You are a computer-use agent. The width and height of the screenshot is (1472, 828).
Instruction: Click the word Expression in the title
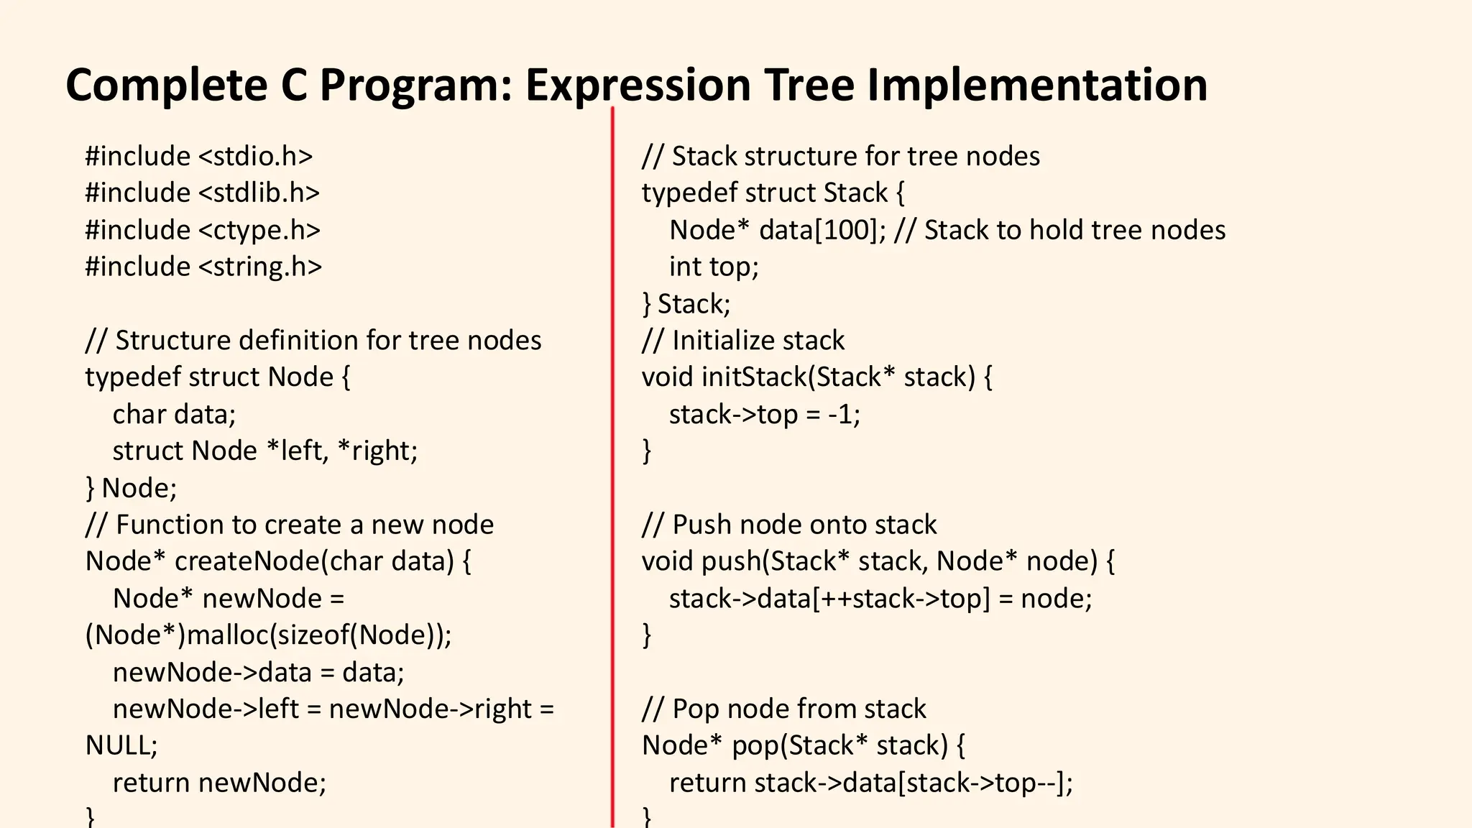[638, 85]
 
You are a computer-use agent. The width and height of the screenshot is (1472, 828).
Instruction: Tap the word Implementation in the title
[1036, 85]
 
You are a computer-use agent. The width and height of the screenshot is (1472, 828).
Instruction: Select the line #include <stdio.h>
[199, 157]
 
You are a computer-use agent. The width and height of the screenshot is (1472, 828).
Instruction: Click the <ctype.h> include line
[258, 230]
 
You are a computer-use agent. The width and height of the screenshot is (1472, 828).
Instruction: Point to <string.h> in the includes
[259, 267]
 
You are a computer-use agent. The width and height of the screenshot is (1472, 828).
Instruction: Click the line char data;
[174, 415]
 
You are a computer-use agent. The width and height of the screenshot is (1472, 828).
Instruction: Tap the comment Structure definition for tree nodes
[328, 341]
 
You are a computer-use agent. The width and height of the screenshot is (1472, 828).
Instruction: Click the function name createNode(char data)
[314, 561]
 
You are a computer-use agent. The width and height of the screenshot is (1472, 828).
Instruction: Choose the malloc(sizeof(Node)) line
[268, 635]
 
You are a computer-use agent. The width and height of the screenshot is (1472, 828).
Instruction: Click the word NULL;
[121, 745]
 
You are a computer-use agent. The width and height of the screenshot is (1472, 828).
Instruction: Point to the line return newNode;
[219, 783]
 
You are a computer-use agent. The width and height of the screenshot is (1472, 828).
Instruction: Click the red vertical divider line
[612, 467]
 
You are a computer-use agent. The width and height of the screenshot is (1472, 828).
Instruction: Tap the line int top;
[714, 267]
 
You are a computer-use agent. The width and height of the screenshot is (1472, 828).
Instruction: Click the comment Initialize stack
[758, 341]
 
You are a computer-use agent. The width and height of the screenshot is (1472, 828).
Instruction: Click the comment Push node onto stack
[804, 525]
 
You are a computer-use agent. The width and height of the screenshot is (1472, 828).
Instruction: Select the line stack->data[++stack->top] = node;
[880, 599]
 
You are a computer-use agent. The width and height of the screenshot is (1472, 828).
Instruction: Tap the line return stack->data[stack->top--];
[870, 783]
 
